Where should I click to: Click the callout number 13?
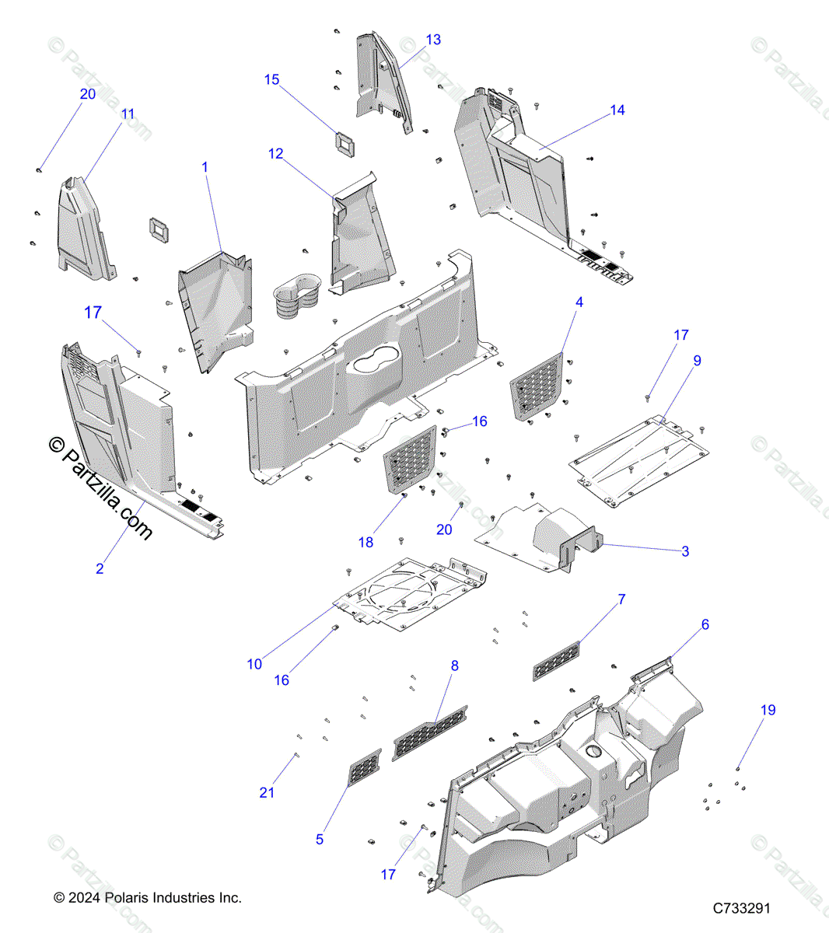[x=433, y=40]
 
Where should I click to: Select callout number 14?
[x=617, y=110]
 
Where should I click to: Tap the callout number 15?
[x=271, y=80]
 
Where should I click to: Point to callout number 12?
[x=275, y=154]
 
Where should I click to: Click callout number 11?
[x=128, y=114]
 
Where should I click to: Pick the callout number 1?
[x=205, y=167]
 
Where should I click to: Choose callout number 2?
[x=100, y=569]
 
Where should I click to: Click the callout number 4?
[x=579, y=302]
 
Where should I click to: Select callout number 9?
[x=697, y=361]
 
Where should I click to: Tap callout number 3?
[x=685, y=552]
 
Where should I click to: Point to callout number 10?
[x=254, y=664]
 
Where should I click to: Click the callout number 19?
[x=768, y=710]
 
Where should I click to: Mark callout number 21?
[x=267, y=792]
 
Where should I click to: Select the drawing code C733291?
[x=741, y=908]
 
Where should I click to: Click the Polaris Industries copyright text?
[x=148, y=898]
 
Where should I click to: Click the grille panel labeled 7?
[x=557, y=660]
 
